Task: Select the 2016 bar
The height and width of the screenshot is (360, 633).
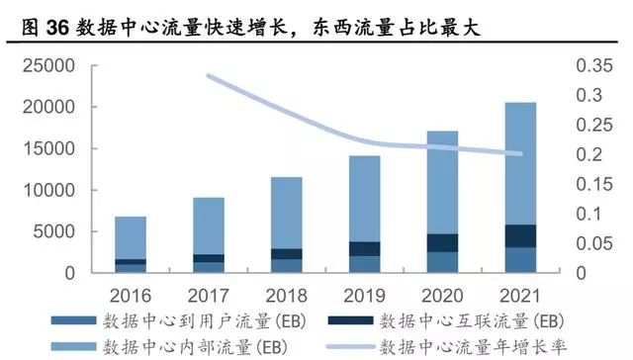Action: (x=131, y=243)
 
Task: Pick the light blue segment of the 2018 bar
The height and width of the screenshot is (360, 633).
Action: (x=286, y=213)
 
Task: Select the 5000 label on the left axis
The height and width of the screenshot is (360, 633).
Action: (x=55, y=231)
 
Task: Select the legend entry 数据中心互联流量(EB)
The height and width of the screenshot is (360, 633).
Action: (x=465, y=320)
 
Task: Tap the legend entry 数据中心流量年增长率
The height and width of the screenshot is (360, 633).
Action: (x=465, y=345)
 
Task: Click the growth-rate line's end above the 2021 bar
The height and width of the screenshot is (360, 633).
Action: (x=522, y=153)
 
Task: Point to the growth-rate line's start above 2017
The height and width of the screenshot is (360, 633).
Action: (x=209, y=75)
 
